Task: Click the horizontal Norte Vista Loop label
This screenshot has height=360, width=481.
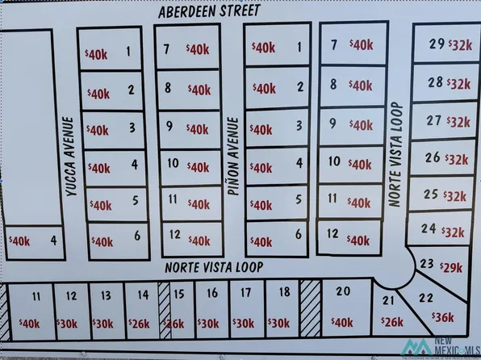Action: [215, 266]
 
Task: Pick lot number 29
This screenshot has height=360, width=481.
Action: [437, 44]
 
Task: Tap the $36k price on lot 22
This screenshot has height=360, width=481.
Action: [444, 317]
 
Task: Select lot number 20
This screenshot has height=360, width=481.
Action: [342, 291]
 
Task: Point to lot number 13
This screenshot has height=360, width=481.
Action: [106, 296]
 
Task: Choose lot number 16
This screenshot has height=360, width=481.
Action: [212, 294]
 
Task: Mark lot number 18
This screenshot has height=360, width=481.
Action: [283, 292]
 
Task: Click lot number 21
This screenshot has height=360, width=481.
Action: [387, 300]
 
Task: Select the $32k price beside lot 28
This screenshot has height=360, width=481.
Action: [458, 83]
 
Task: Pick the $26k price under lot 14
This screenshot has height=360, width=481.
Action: [140, 324]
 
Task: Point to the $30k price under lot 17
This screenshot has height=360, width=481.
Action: [243, 323]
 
